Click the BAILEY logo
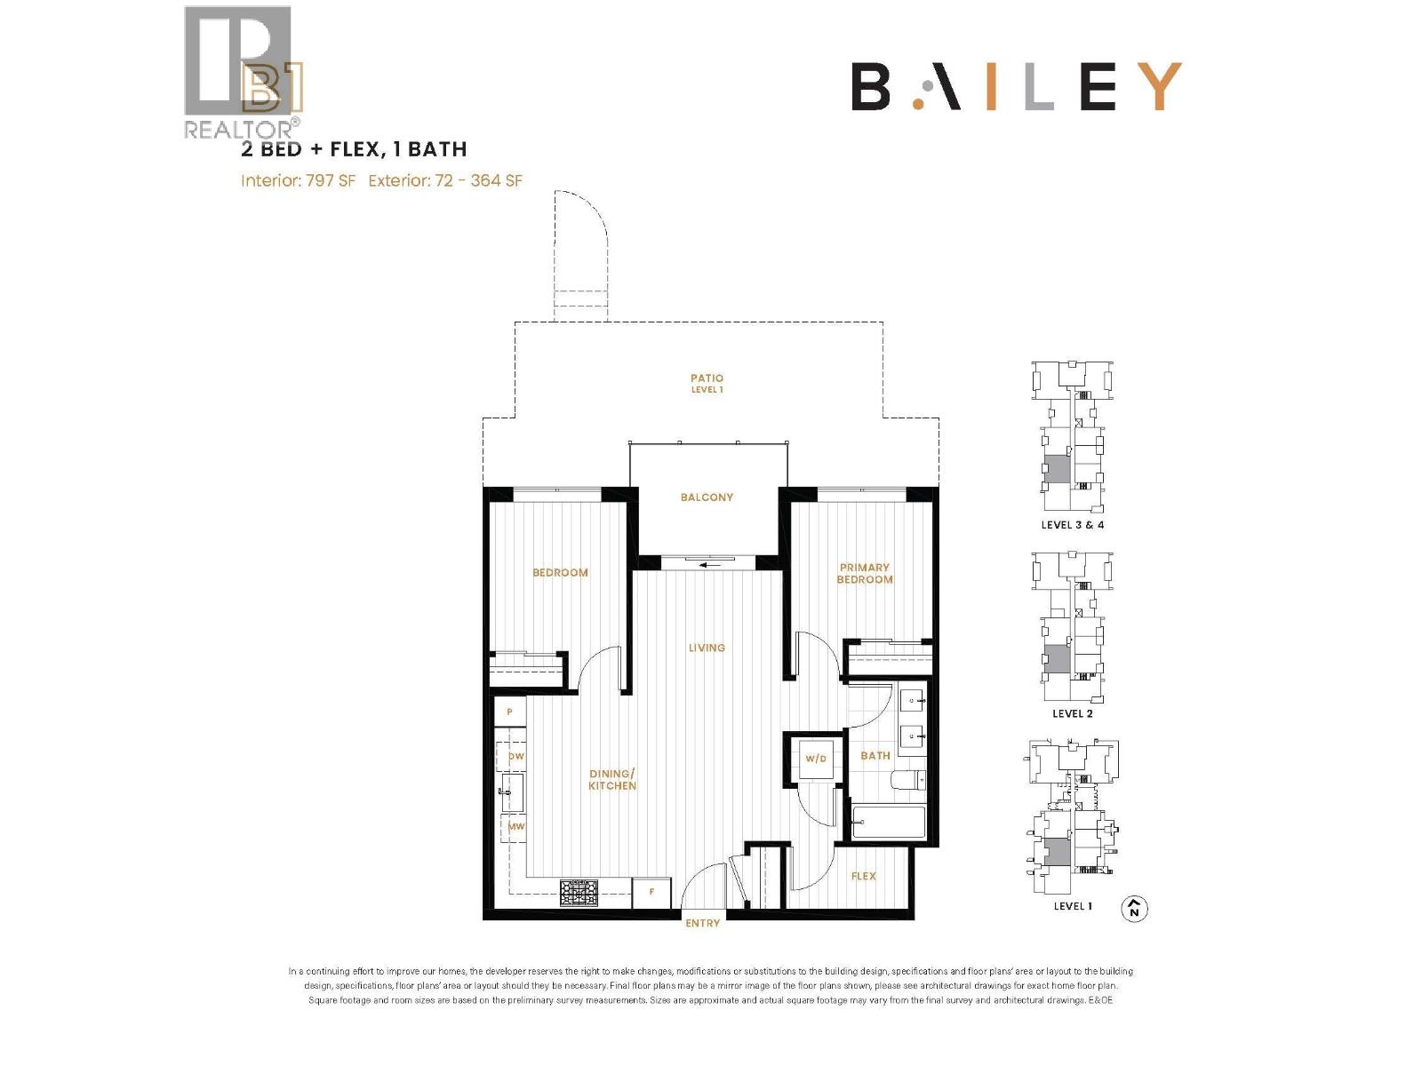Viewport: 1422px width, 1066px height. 1016,86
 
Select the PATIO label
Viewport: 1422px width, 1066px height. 707,383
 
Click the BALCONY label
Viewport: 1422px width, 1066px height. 707,497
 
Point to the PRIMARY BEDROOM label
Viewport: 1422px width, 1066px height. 864,573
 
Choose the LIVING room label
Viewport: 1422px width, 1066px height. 707,648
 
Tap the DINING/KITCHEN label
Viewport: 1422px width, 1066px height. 612,779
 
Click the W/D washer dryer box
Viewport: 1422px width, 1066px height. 816,759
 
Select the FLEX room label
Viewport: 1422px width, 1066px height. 863,876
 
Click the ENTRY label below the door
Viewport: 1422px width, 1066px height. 702,924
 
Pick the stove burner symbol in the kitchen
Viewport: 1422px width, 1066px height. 579,891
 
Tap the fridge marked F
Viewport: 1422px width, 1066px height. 651,892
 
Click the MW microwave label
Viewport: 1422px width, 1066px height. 515,826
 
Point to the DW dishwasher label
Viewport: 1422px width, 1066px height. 515,757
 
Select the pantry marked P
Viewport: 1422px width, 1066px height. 509,712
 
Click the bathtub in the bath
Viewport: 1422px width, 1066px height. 889,822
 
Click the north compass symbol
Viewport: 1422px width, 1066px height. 1134,909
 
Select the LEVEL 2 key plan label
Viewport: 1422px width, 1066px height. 1072,713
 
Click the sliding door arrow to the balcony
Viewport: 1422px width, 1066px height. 708,563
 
